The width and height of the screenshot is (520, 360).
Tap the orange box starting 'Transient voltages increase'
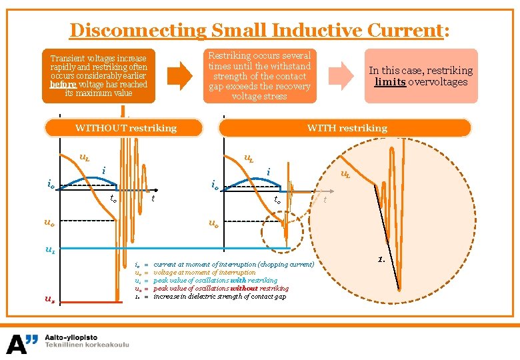[x=99, y=76]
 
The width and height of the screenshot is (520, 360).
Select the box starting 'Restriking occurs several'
[x=259, y=76]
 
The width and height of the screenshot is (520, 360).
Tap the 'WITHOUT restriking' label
[x=126, y=127]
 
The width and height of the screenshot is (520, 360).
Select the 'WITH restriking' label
[x=347, y=127]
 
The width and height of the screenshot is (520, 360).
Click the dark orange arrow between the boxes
[x=179, y=75]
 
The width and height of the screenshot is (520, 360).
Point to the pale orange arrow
[x=343, y=75]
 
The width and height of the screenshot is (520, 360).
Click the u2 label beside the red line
[x=50, y=300]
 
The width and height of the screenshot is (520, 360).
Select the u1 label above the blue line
[x=50, y=250]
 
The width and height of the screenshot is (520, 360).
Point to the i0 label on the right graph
[x=215, y=185]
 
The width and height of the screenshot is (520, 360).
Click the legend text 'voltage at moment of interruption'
[x=204, y=272]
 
